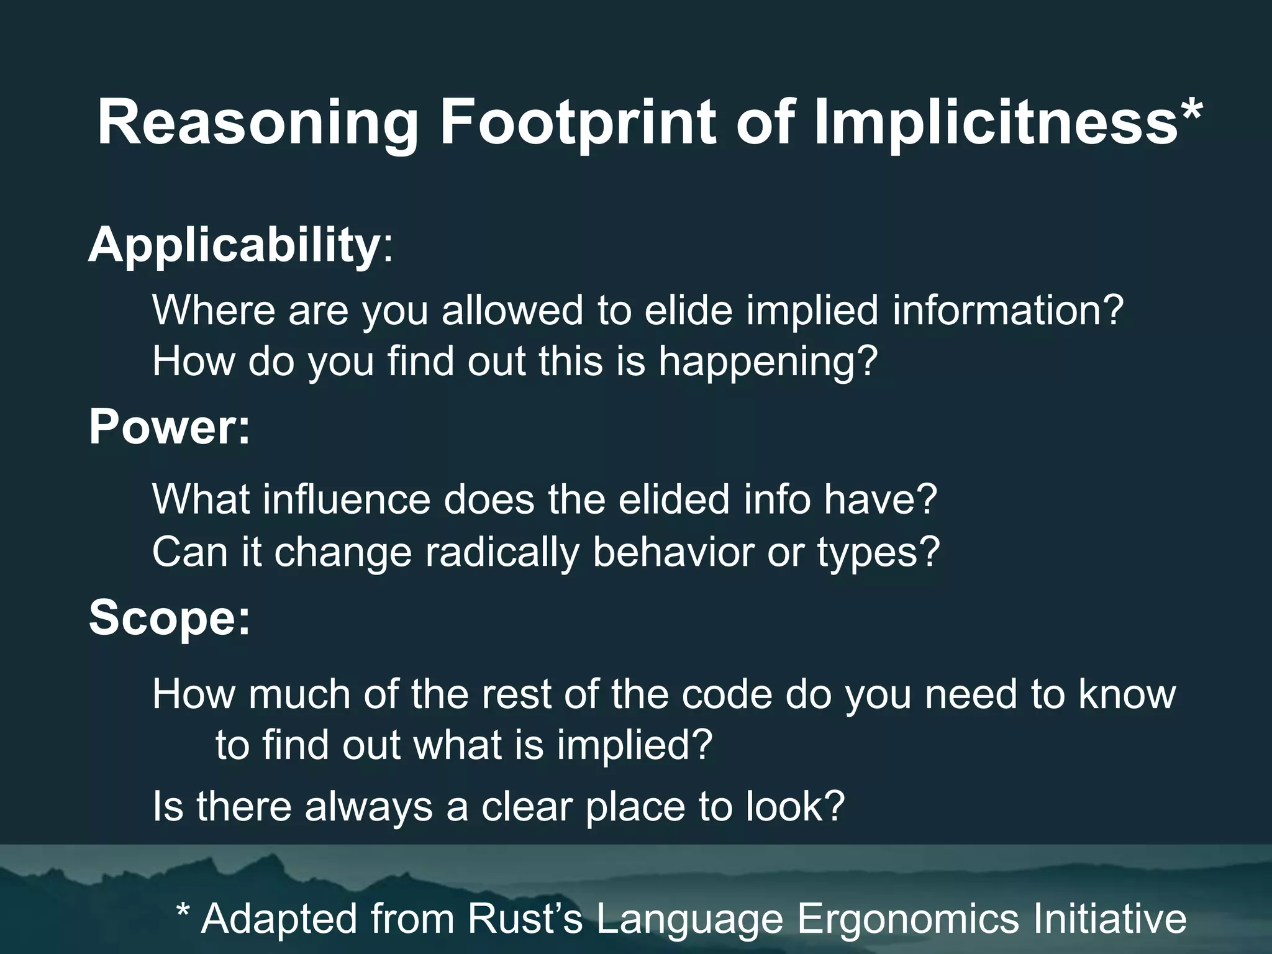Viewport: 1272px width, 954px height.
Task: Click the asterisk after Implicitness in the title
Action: (1191, 112)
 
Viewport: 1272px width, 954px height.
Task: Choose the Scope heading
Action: (169, 618)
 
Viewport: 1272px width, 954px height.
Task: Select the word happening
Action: (768, 362)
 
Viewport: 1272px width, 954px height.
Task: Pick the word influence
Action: (346, 499)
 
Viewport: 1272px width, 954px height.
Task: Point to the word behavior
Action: (673, 552)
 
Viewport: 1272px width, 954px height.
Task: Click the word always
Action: (368, 807)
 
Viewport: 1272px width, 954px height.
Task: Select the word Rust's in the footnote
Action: (525, 919)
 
